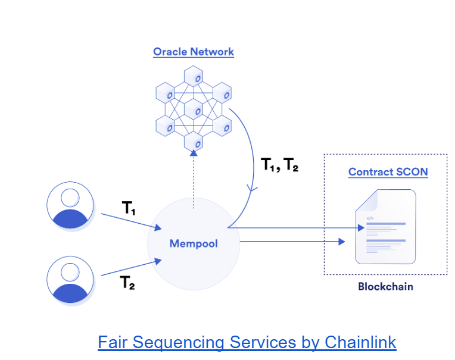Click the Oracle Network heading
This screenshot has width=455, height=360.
[x=194, y=52]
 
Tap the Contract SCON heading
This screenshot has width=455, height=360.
[x=388, y=173]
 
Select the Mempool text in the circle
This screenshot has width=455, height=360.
[x=194, y=243]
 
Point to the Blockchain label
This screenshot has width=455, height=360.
[x=385, y=286]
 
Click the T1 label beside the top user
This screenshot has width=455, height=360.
[x=129, y=209]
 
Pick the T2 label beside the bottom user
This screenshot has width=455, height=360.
[x=127, y=283]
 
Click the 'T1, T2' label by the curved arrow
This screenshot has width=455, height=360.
[x=280, y=165]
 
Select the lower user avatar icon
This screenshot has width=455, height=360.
[x=70, y=280]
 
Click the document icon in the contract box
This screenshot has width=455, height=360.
[x=385, y=227]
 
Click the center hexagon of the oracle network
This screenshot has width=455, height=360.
[x=194, y=109]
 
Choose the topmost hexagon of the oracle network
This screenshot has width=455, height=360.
[x=194, y=77]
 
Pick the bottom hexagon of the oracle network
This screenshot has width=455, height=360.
[x=194, y=142]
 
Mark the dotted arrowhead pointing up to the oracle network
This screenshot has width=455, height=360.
[x=194, y=154]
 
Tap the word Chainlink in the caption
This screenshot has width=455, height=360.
[x=360, y=343]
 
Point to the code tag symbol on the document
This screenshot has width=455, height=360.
[x=369, y=218]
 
